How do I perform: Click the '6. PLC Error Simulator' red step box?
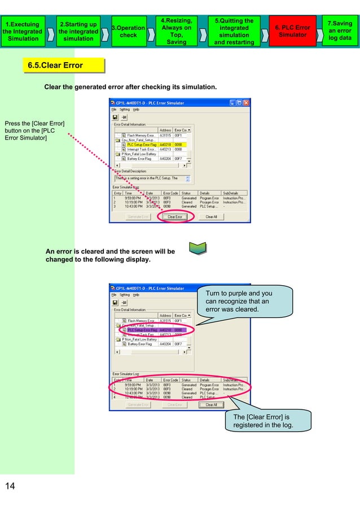[x=291, y=31]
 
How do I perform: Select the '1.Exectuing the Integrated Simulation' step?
[x=23, y=31]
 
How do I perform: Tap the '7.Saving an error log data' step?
[x=340, y=31]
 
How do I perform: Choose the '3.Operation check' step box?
[x=128, y=31]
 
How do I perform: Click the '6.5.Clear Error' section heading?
[x=55, y=66]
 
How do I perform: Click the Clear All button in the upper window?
[x=211, y=216]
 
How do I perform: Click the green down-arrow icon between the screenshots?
[x=198, y=249]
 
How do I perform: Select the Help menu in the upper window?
[x=136, y=110]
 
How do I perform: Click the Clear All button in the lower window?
[x=211, y=404]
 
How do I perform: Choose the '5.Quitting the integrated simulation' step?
[x=234, y=31]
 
